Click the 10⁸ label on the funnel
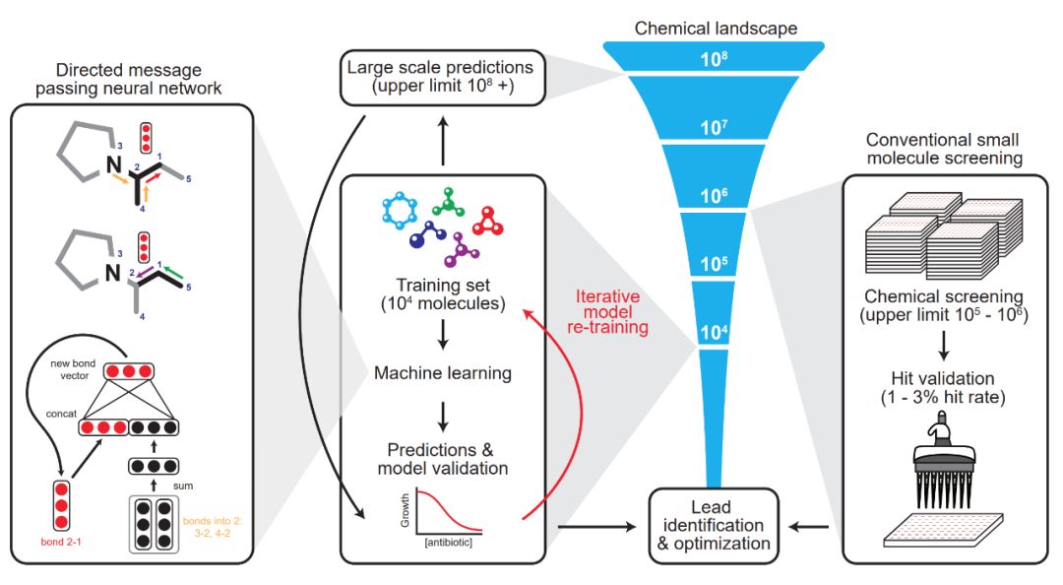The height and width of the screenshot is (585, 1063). click(x=715, y=58)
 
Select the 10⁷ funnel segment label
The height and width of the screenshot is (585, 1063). click(x=715, y=126)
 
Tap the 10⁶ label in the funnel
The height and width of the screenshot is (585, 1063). click(x=715, y=194)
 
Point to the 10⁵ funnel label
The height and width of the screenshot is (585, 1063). click(x=715, y=264)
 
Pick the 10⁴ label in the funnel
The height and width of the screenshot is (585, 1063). click(x=715, y=332)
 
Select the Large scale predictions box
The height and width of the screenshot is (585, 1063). click(x=442, y=77)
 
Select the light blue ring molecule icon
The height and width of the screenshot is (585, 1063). click(x=400, y=212)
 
